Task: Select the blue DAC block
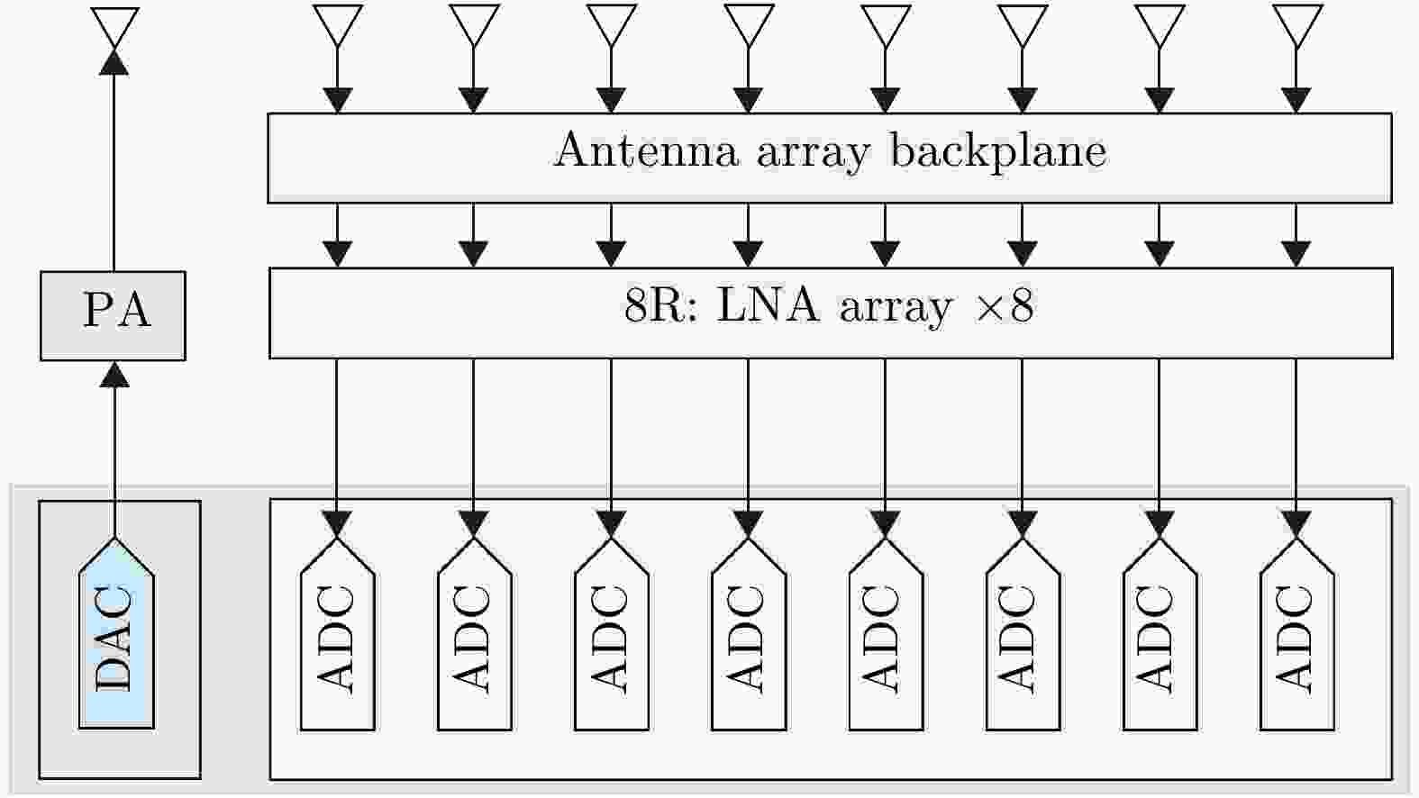(x=116, y=639)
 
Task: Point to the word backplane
(x=997, y=150)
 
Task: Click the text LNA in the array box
(x=768, y=306)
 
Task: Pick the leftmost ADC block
(x=337, y=639)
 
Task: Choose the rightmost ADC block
(x=1296, y=639)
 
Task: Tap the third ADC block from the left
(x=611, y=639)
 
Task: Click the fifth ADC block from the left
(x=885, y=639)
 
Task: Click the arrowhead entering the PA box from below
(x=114, y=374)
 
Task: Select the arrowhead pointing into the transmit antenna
(x=114, y=60)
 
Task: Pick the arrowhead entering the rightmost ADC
(x=1296, y=523)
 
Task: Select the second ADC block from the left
(x=474, y=639)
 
